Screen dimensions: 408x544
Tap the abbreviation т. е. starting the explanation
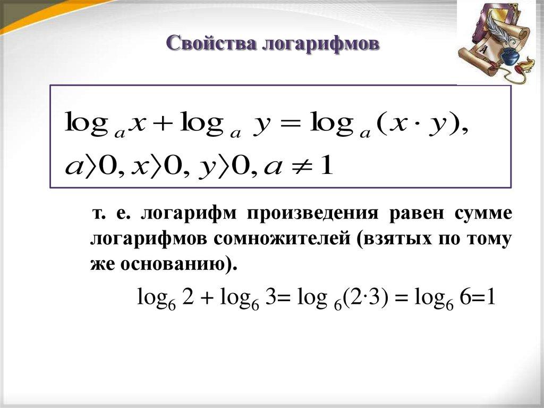tap(111, 214)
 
